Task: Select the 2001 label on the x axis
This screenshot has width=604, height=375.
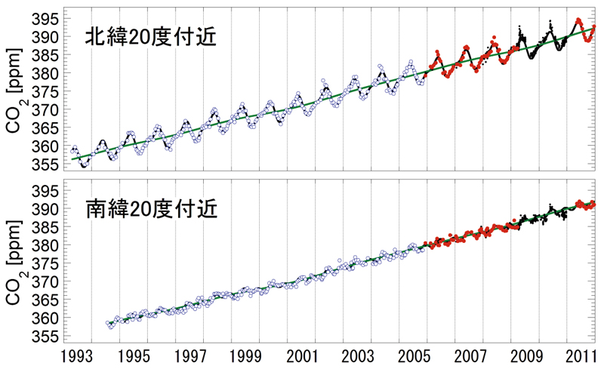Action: [x=303, y=355]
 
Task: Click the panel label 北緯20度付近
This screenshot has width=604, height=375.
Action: [x=151, y=36]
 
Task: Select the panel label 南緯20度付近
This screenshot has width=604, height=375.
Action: [x=151, y=209]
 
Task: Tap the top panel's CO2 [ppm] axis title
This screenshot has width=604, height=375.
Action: [x=15, y=91]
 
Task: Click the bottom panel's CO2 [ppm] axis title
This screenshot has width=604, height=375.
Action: [x=15, y=262]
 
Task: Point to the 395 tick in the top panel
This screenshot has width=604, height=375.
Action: [x=46, y=17]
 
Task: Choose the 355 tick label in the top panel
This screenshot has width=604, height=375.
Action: [x=46, y=164]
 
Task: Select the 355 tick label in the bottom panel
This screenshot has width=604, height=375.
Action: [x=46, y=335]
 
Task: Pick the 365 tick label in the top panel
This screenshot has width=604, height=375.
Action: [x=46, y=128]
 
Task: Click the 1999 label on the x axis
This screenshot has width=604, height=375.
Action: [x=246, y=355]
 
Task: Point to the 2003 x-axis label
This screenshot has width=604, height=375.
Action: [x=358, y=355]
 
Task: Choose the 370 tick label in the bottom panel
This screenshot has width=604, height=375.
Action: [x=46, y=281]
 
